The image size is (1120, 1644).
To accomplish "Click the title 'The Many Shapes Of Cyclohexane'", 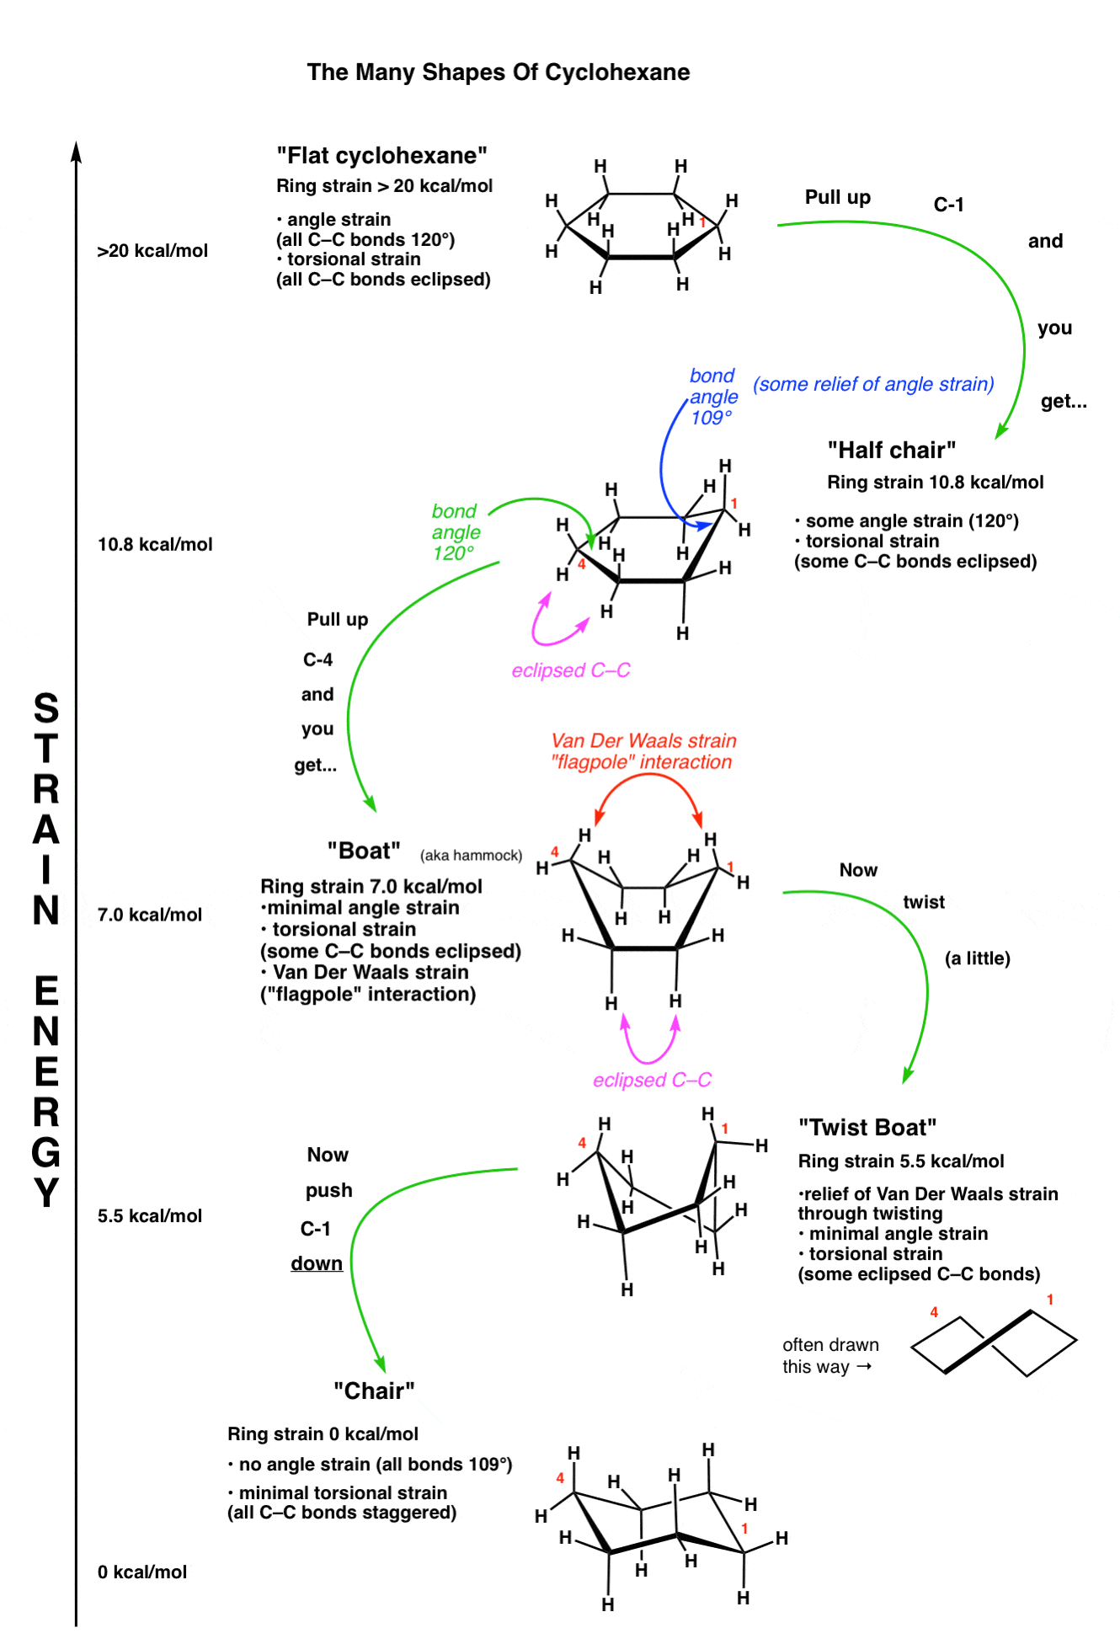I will click(498, 72).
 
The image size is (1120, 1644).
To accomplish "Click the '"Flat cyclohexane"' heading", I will click(381, 156).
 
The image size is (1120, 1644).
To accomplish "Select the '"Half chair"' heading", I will click(891, 451).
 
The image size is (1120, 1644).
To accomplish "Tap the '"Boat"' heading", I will click(364, 851).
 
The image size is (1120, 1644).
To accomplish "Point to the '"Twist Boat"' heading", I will click(867, 1128).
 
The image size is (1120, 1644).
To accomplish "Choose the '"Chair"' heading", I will click(374, 1391).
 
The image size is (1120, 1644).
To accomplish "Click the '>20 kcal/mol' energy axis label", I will click(152, 251).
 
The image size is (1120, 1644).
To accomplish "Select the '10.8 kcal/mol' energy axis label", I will click(155, 545).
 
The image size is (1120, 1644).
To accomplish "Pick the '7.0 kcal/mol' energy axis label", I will click(150, 915).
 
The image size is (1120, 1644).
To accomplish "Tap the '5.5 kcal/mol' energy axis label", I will click(150, 1216).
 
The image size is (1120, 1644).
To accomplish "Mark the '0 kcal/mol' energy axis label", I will click(142, 1572).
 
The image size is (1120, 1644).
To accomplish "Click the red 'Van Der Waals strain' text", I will click(643, 741).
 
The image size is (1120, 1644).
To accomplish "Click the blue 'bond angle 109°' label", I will click(712, 397).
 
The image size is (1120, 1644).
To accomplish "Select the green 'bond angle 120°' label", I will click(455, 532).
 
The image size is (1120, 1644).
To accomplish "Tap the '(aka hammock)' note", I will click(471, 856).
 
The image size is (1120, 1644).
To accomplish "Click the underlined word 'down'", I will click(317, 1264).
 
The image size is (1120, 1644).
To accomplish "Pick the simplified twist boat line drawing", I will click(994, 1342).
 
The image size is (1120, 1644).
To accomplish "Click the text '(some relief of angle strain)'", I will click(873, 385).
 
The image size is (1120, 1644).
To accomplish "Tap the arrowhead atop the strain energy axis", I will click(76, 152).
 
